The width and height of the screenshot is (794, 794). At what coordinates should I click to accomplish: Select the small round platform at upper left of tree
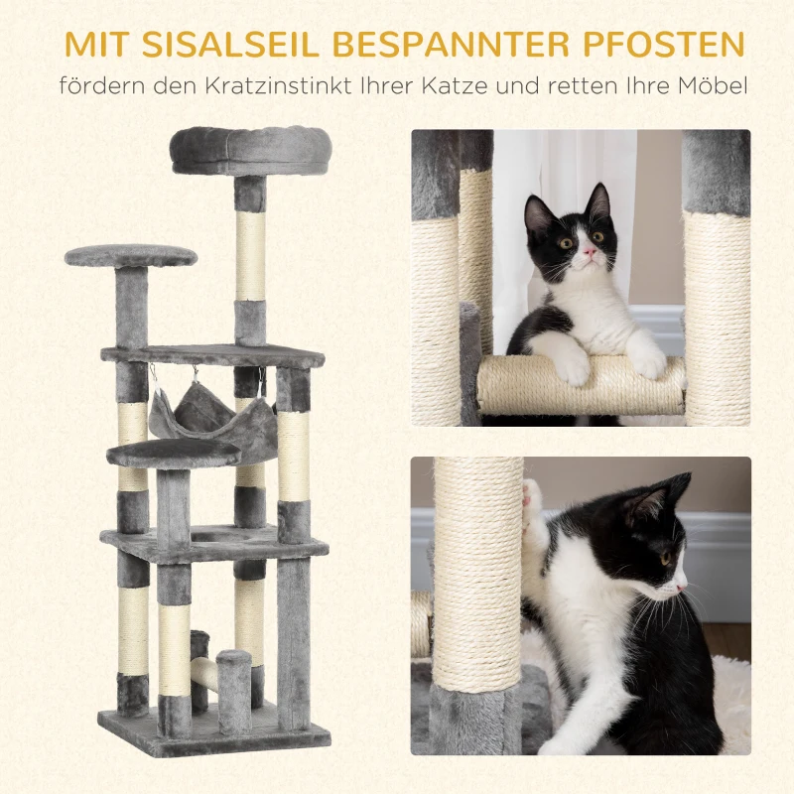[x=131, y=256]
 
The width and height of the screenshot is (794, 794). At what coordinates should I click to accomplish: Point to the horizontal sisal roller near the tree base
[x=205, y=675]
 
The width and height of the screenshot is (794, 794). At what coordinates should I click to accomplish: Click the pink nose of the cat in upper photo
[x=589, y=254]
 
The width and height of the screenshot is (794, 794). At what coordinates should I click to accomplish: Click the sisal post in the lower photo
[x=478, y=576]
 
